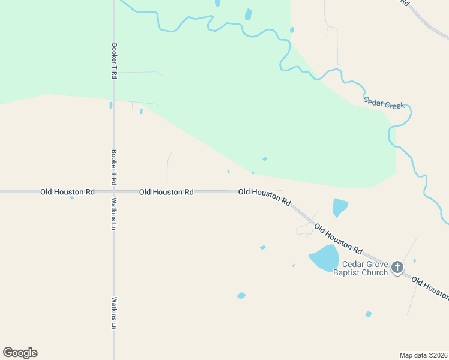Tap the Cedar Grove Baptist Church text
tap(365, 268)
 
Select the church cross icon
tap(397, 268)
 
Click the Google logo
tap(20, 353)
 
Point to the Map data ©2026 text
tap(424, 355)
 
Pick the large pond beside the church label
tap(324, 258)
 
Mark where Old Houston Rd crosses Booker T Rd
tap(114, 192)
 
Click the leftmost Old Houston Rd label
tap(67, 192)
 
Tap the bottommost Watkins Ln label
tap(113, 313)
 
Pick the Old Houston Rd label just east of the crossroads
tap(166, 192)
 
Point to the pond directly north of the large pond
tap(340, 207)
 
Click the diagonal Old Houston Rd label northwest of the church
tap(339, 238)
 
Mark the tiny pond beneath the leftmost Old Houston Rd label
tap(72, 197)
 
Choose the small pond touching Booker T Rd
tap(111, 105)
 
